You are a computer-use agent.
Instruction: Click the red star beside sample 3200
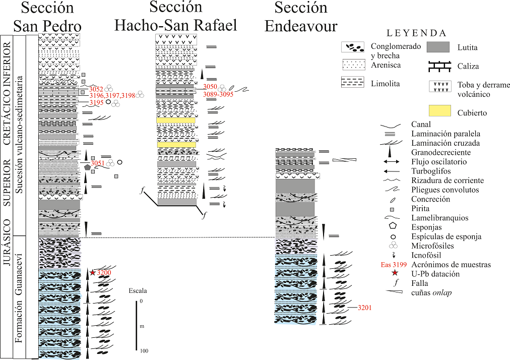[x=93, y=272]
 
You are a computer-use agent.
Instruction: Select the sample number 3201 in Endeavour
[x=364, y=308]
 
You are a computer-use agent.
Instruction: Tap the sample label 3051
[x=97, y=163]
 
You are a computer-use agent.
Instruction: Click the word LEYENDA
[x=416, y=33]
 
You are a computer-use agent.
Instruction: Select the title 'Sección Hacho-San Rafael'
[x=176, y=16]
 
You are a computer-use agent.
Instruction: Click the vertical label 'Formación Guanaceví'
[x=19, y=297]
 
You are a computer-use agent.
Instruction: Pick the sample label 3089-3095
[x=218, y=94]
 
